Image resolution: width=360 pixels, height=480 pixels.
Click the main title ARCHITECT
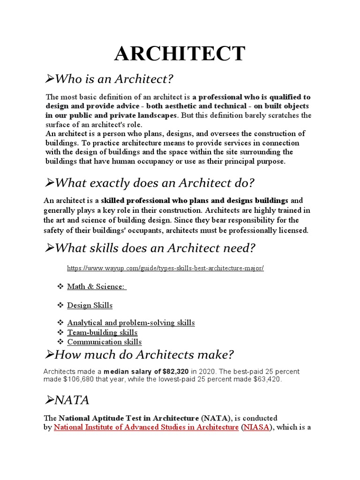pos(180,53)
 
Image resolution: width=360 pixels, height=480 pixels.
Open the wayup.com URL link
pos(165,269)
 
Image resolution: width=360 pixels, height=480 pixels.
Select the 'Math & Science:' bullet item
pos(97,286)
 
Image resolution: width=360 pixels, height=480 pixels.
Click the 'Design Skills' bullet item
pos(90,305)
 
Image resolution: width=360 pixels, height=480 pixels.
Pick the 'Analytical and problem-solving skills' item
pos(131,322)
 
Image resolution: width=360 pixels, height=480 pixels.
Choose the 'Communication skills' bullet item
pos(104,342)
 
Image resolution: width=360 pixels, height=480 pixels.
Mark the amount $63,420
pos(265,379)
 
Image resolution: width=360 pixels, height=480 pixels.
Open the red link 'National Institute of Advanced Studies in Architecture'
pos(146,427)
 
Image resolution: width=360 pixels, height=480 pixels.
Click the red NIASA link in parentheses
pos(255,427)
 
